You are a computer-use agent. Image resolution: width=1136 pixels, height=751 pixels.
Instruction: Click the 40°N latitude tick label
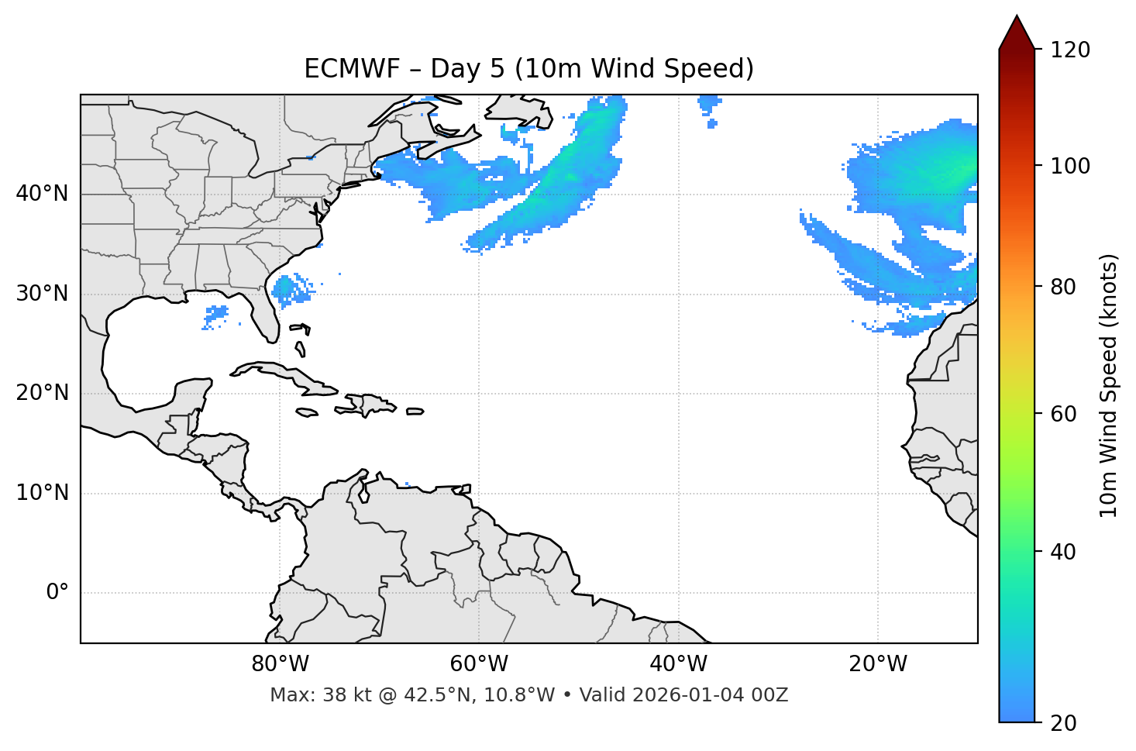coord(42,194)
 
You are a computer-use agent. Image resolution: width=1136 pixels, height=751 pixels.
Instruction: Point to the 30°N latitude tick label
coord(42,294)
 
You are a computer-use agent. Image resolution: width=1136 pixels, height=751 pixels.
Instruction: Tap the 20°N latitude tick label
coord(42,393)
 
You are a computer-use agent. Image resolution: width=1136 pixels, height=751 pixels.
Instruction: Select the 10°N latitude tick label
coord(42,493)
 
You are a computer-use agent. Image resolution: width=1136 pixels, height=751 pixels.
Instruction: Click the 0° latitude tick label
coord(57,593)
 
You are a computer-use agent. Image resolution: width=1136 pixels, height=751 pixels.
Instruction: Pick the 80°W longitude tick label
coord(280,664)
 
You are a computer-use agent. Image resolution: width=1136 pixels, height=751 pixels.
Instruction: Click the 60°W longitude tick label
coord(479,664)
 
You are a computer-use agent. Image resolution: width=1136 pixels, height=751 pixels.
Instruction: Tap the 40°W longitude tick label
coord(678,664)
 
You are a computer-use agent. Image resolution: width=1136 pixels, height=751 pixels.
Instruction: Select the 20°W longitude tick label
coord(877,664)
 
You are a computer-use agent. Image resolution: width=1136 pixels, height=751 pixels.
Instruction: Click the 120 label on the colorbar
coord(1070,50)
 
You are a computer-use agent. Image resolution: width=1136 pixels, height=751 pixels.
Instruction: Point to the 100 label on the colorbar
coord(1070,166)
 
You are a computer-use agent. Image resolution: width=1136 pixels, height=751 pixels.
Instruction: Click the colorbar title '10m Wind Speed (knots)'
coord(1109,386)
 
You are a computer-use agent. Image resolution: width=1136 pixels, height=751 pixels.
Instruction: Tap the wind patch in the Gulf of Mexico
coord(216,315)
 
